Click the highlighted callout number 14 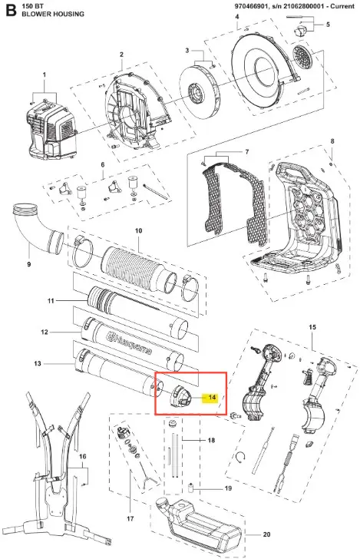212,397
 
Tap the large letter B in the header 11,10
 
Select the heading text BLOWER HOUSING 53,14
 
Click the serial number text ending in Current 295,6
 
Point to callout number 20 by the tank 266,534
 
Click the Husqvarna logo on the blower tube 130,343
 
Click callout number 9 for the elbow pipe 29,264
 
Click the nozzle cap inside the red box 181,395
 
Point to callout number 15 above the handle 312,327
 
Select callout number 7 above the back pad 246,152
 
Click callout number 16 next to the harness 82,456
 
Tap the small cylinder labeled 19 190,487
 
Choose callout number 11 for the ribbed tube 51,301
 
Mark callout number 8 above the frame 332,141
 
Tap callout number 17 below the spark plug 130,518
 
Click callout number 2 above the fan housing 121,55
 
